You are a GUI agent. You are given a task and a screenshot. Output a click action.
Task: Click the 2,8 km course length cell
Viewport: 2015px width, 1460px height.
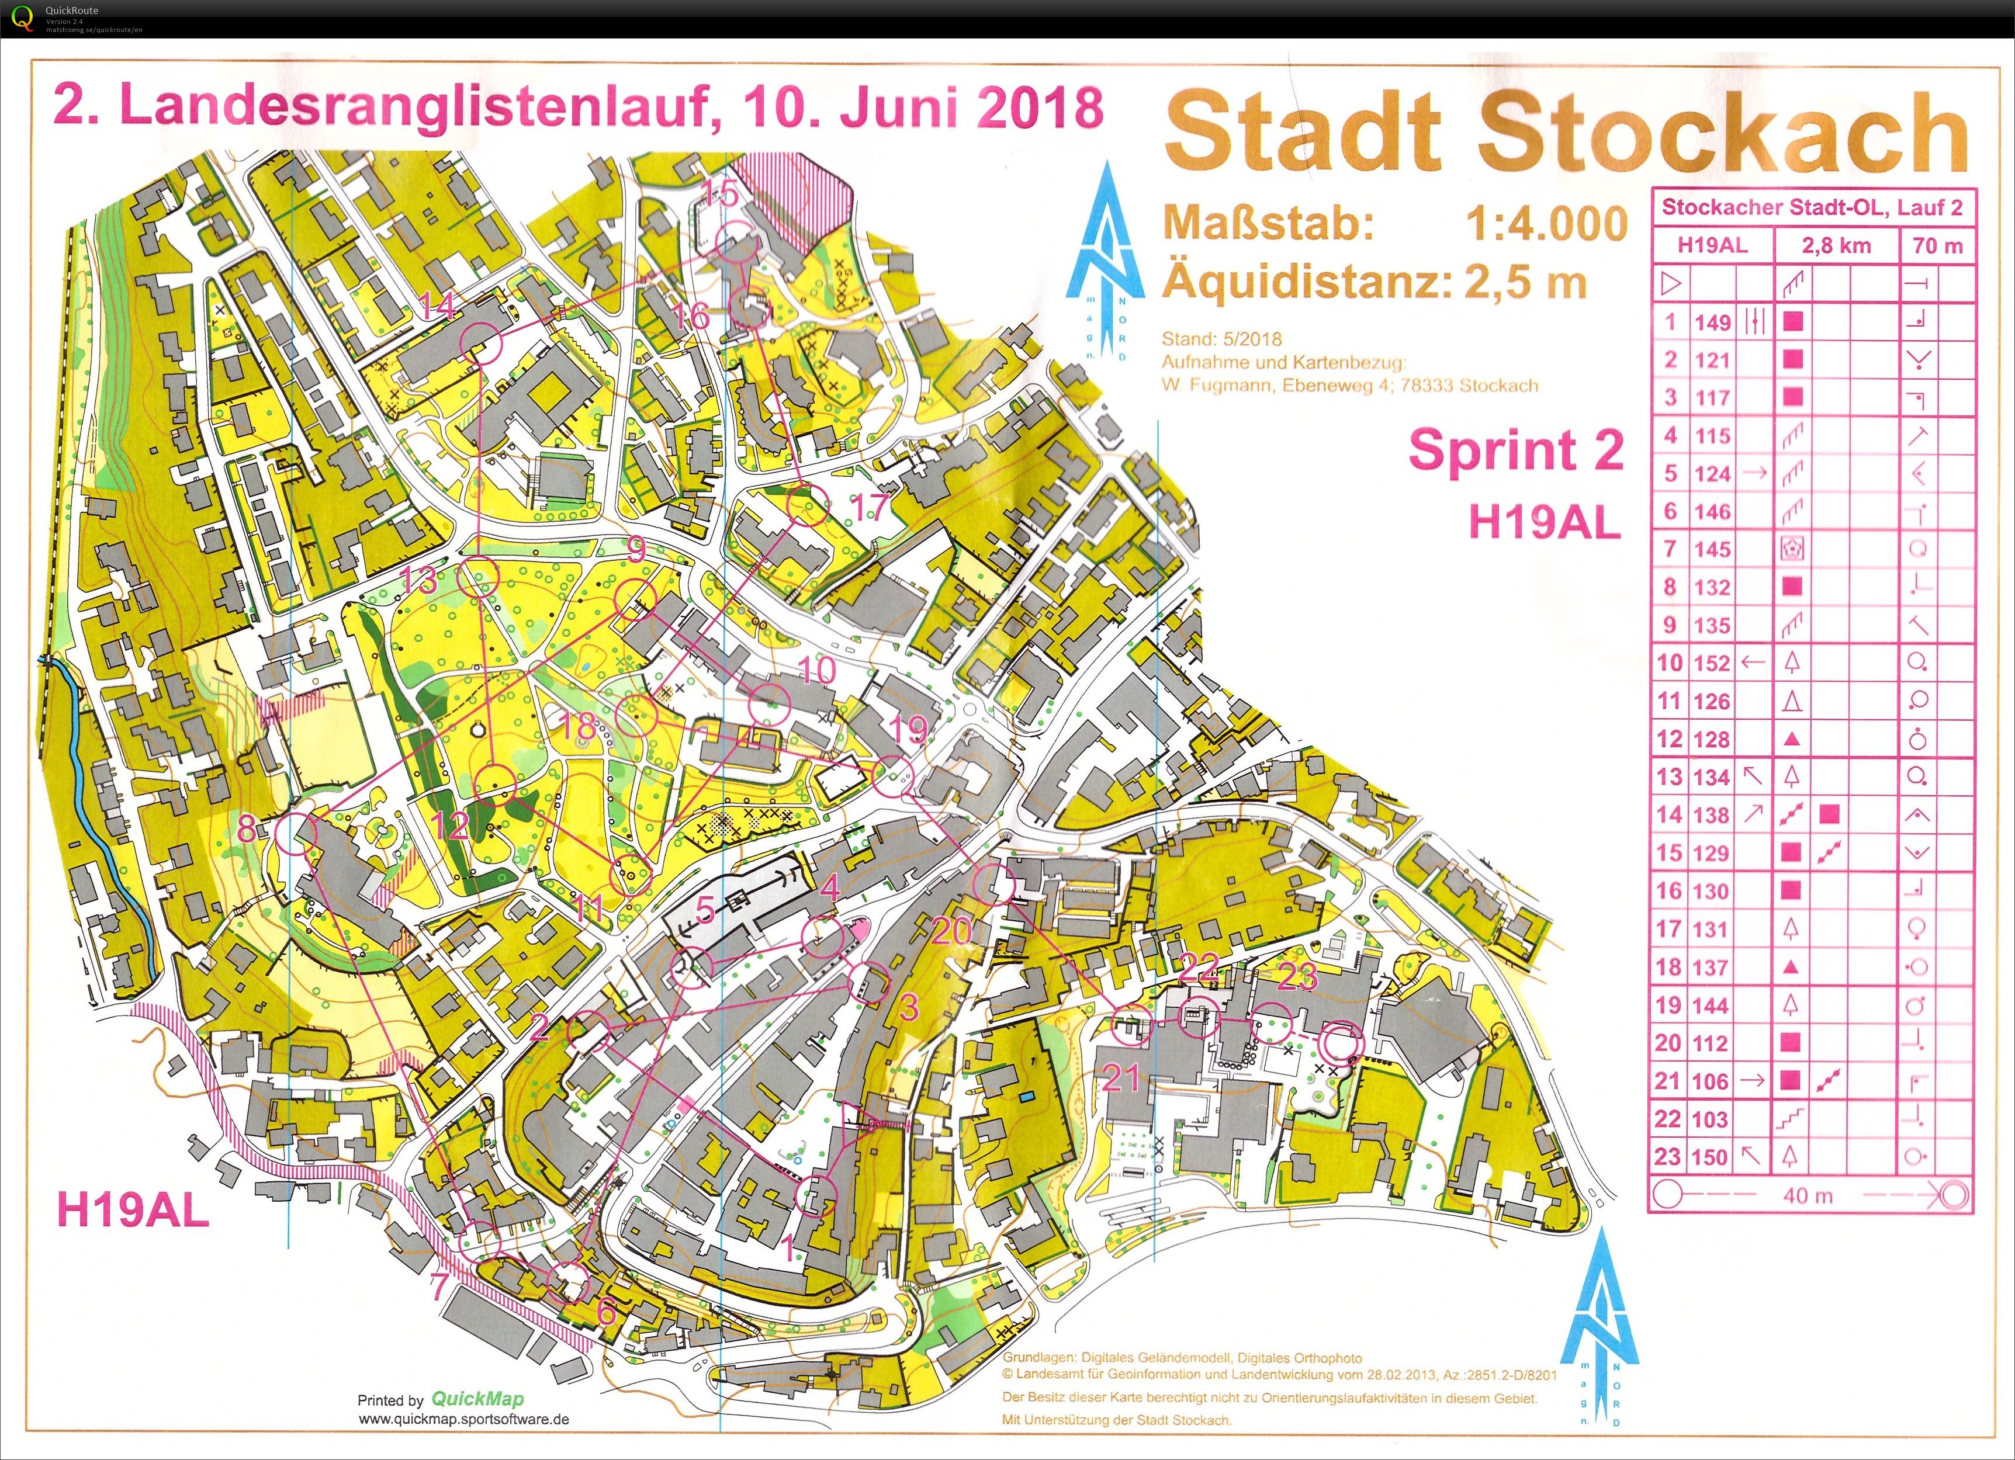pyautogui.click(x=1836, y=246)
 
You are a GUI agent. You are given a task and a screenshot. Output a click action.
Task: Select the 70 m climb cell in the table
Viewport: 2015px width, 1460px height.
pyautogui.click(x=1937, y=246)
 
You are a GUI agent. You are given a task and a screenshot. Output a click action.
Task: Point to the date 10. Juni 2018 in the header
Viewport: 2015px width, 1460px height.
pyautogui.click(x=924, y=106)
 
